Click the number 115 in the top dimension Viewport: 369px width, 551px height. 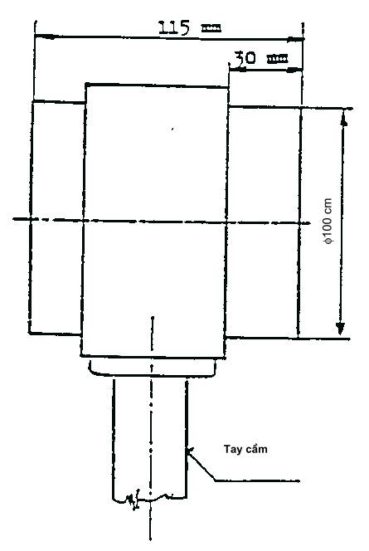(x=174, y=27)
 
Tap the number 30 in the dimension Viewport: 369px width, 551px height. (x=245, y=57)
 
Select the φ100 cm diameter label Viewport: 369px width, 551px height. (x=328, y=221)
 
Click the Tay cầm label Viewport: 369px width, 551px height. (x=245, y=449)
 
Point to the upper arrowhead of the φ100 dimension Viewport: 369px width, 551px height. (x=344, y=119)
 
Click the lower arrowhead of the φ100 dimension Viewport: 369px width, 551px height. (x=340, y=329)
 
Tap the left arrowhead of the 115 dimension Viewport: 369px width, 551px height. (x=44, y=36)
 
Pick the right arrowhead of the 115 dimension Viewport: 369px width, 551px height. (x=295, y=39)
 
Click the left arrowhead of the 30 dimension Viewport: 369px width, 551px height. (x=236, y=69)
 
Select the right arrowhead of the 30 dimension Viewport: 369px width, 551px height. (x=294, y=71)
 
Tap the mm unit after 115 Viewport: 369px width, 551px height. (x=211, y=28)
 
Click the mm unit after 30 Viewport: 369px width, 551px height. (x=278, y=59)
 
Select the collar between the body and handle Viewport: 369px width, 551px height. (x=153, y=368)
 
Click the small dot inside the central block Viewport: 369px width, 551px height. (x=172, y=129)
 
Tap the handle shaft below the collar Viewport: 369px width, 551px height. (x=149, y=439)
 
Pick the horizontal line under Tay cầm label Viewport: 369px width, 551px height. (x=257, y=480)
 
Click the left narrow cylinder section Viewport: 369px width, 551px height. (x=57, y=218)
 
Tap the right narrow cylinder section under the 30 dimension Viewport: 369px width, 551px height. (x=263, y=222)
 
